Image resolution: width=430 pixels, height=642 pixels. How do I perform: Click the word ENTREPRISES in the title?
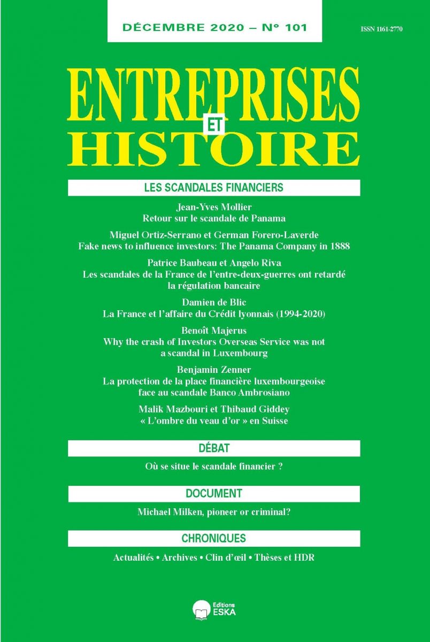tap(213, 94)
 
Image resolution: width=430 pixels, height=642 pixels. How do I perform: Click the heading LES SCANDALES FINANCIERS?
tap(213, 188)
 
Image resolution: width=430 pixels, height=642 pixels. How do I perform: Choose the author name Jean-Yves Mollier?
tap(214, 207)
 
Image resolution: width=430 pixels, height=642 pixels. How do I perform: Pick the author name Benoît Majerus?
tap(214, 331)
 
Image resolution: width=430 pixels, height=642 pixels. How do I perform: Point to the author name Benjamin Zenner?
tap(214, 369)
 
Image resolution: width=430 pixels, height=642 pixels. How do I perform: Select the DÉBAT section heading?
tap(213, 448)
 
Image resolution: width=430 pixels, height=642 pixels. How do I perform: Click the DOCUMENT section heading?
tap(213, 493)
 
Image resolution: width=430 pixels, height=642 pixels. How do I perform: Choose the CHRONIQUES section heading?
tap(213, 538)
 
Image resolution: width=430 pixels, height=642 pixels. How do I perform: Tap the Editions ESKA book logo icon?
tap(202, 608)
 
